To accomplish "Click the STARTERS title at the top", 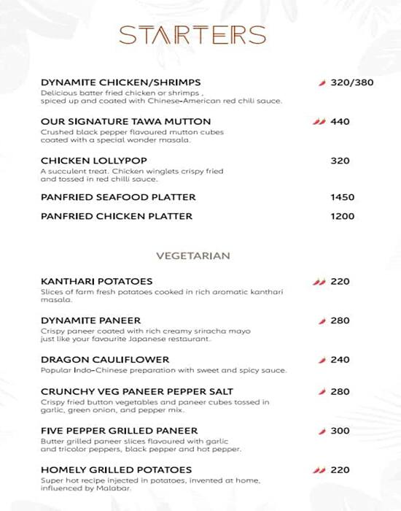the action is tap(192, 35).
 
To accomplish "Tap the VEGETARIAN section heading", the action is tap(193, 256).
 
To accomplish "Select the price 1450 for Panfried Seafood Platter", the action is tap(342, 197).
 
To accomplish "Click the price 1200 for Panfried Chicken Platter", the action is tap(342, 216).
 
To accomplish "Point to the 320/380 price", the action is tap(351, 82).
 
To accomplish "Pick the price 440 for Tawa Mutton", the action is tap(340, 121).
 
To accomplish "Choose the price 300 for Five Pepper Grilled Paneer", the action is tap(340, 431).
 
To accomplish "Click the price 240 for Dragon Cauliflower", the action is tap(340, 360).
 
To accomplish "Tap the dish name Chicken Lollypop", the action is tap(83, 161).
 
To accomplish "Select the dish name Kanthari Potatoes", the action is tap(96, 282).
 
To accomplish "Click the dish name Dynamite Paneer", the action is tap(91, 320).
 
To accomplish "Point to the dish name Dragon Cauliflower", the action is tap(105, 360).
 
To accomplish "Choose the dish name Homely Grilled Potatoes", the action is tap(116, 469).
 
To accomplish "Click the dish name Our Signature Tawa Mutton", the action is tap(126, 121).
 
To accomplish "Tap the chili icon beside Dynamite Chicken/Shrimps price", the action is tap(322, 82).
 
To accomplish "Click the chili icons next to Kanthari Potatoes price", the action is tap(319, 282).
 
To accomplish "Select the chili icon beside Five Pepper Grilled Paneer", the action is tap(322, 431).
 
